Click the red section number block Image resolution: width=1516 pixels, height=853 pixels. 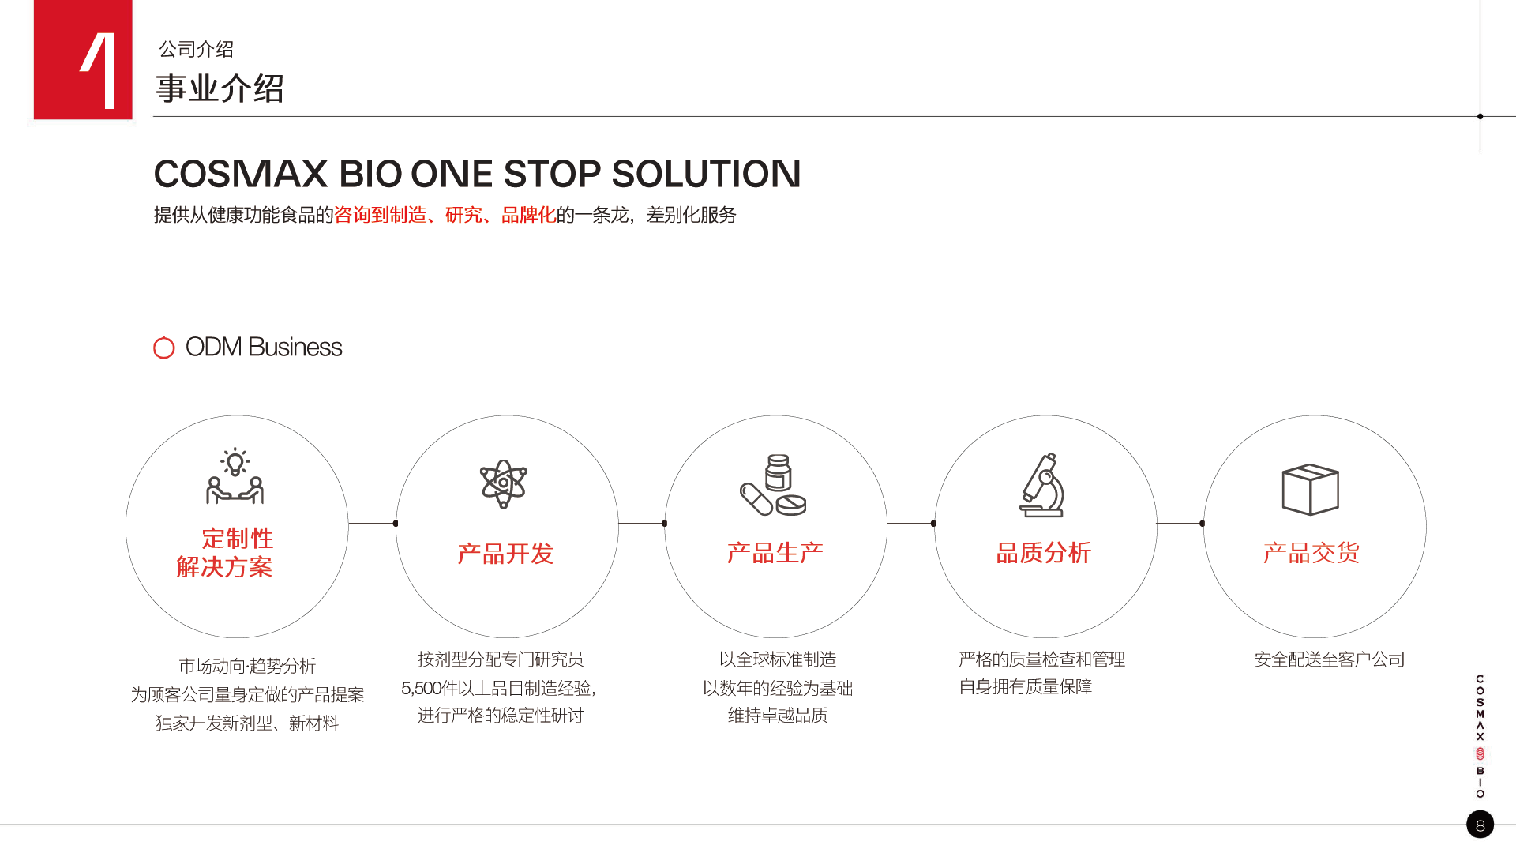click(83, 59)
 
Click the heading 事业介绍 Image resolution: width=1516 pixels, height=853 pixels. click(220, 88)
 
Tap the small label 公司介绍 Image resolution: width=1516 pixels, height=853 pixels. click(196, 49)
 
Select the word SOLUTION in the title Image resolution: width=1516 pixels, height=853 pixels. click(706, 174)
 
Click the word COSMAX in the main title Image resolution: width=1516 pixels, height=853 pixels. click(241, 174)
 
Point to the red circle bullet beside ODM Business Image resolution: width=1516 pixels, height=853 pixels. click(163, 347)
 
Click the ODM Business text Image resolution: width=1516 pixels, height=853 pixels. click(264, 347)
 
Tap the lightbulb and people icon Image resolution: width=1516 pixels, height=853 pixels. click(235, 476)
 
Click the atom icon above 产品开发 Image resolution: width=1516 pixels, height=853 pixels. click(504, 483)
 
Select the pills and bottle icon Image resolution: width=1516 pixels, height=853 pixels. click(773, 485)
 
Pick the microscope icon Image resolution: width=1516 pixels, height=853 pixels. click(1041, 485)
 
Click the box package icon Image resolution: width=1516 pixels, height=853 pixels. click(1310, 490)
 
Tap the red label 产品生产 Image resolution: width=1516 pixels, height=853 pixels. click(775, 553)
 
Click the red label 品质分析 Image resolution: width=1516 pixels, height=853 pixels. click(1043, 553)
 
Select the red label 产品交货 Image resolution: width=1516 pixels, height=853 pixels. click(1311, 553)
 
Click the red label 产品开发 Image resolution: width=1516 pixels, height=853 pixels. click(505, 554)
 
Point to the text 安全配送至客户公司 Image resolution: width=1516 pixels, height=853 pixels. click(1330, 659)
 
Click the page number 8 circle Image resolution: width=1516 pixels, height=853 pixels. click(1480, 825)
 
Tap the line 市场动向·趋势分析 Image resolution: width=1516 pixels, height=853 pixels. click(247, 666)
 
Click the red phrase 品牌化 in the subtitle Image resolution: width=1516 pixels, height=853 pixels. click(528, 215)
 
